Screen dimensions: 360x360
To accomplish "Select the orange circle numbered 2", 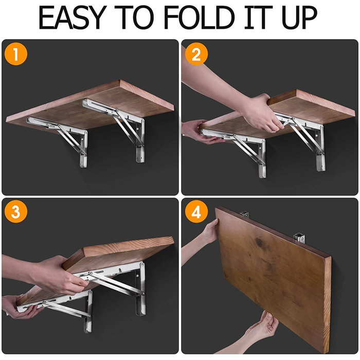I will (196, 56).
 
